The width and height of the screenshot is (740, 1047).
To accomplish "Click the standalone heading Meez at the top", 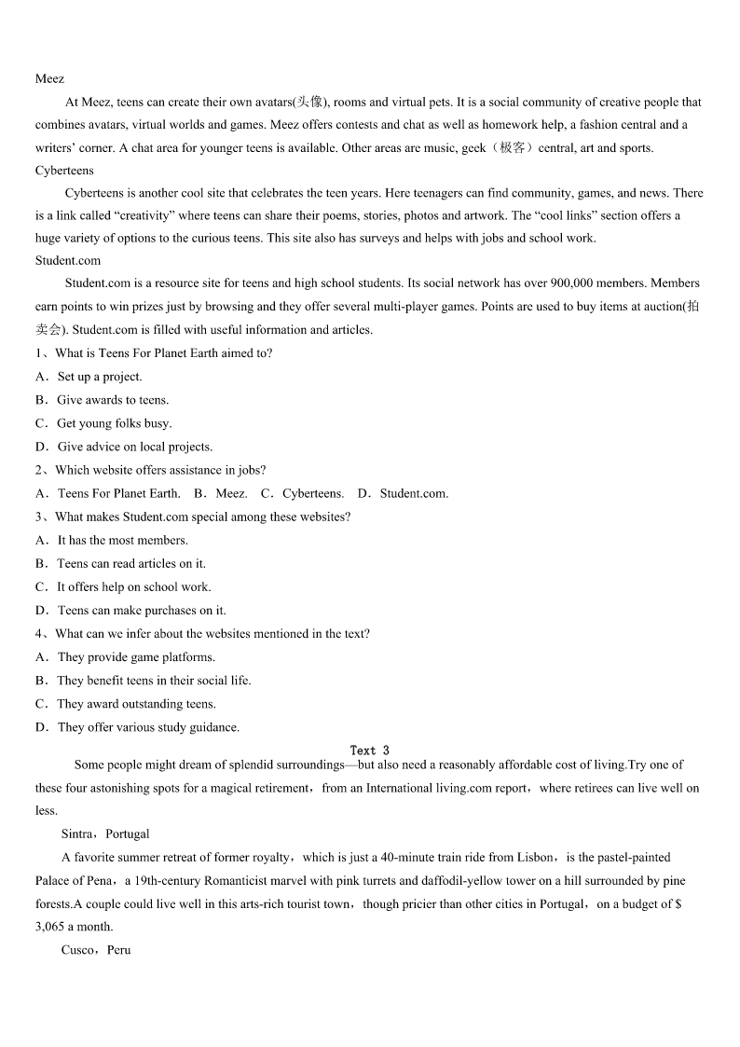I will tap(49, 79).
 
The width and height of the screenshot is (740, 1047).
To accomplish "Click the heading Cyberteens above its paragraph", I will tap(64, 171).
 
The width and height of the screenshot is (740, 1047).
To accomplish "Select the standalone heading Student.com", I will tap(68, 261).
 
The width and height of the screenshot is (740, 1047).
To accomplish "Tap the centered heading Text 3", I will tap(370, 751).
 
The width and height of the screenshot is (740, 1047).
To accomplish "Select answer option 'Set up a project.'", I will tap(100, 377).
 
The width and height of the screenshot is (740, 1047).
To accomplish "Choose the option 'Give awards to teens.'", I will tap(113, 400).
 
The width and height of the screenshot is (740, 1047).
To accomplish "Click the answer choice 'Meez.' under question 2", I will tap(231, 493).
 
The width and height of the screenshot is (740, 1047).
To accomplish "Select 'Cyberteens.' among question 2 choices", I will tap(312, 493).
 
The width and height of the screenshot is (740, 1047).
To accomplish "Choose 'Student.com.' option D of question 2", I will tap(414, 493).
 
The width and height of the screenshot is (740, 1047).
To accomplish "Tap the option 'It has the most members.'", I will tap(122, 540).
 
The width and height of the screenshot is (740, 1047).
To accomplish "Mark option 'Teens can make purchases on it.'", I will tap(142, 611).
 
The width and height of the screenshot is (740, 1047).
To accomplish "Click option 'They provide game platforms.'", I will tap(136, 657).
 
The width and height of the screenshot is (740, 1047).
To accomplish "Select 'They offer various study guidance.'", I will tap(148, 727).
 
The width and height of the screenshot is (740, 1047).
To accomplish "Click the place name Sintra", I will tap(76, 834).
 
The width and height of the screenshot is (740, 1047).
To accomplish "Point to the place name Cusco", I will tap(76, 950).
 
